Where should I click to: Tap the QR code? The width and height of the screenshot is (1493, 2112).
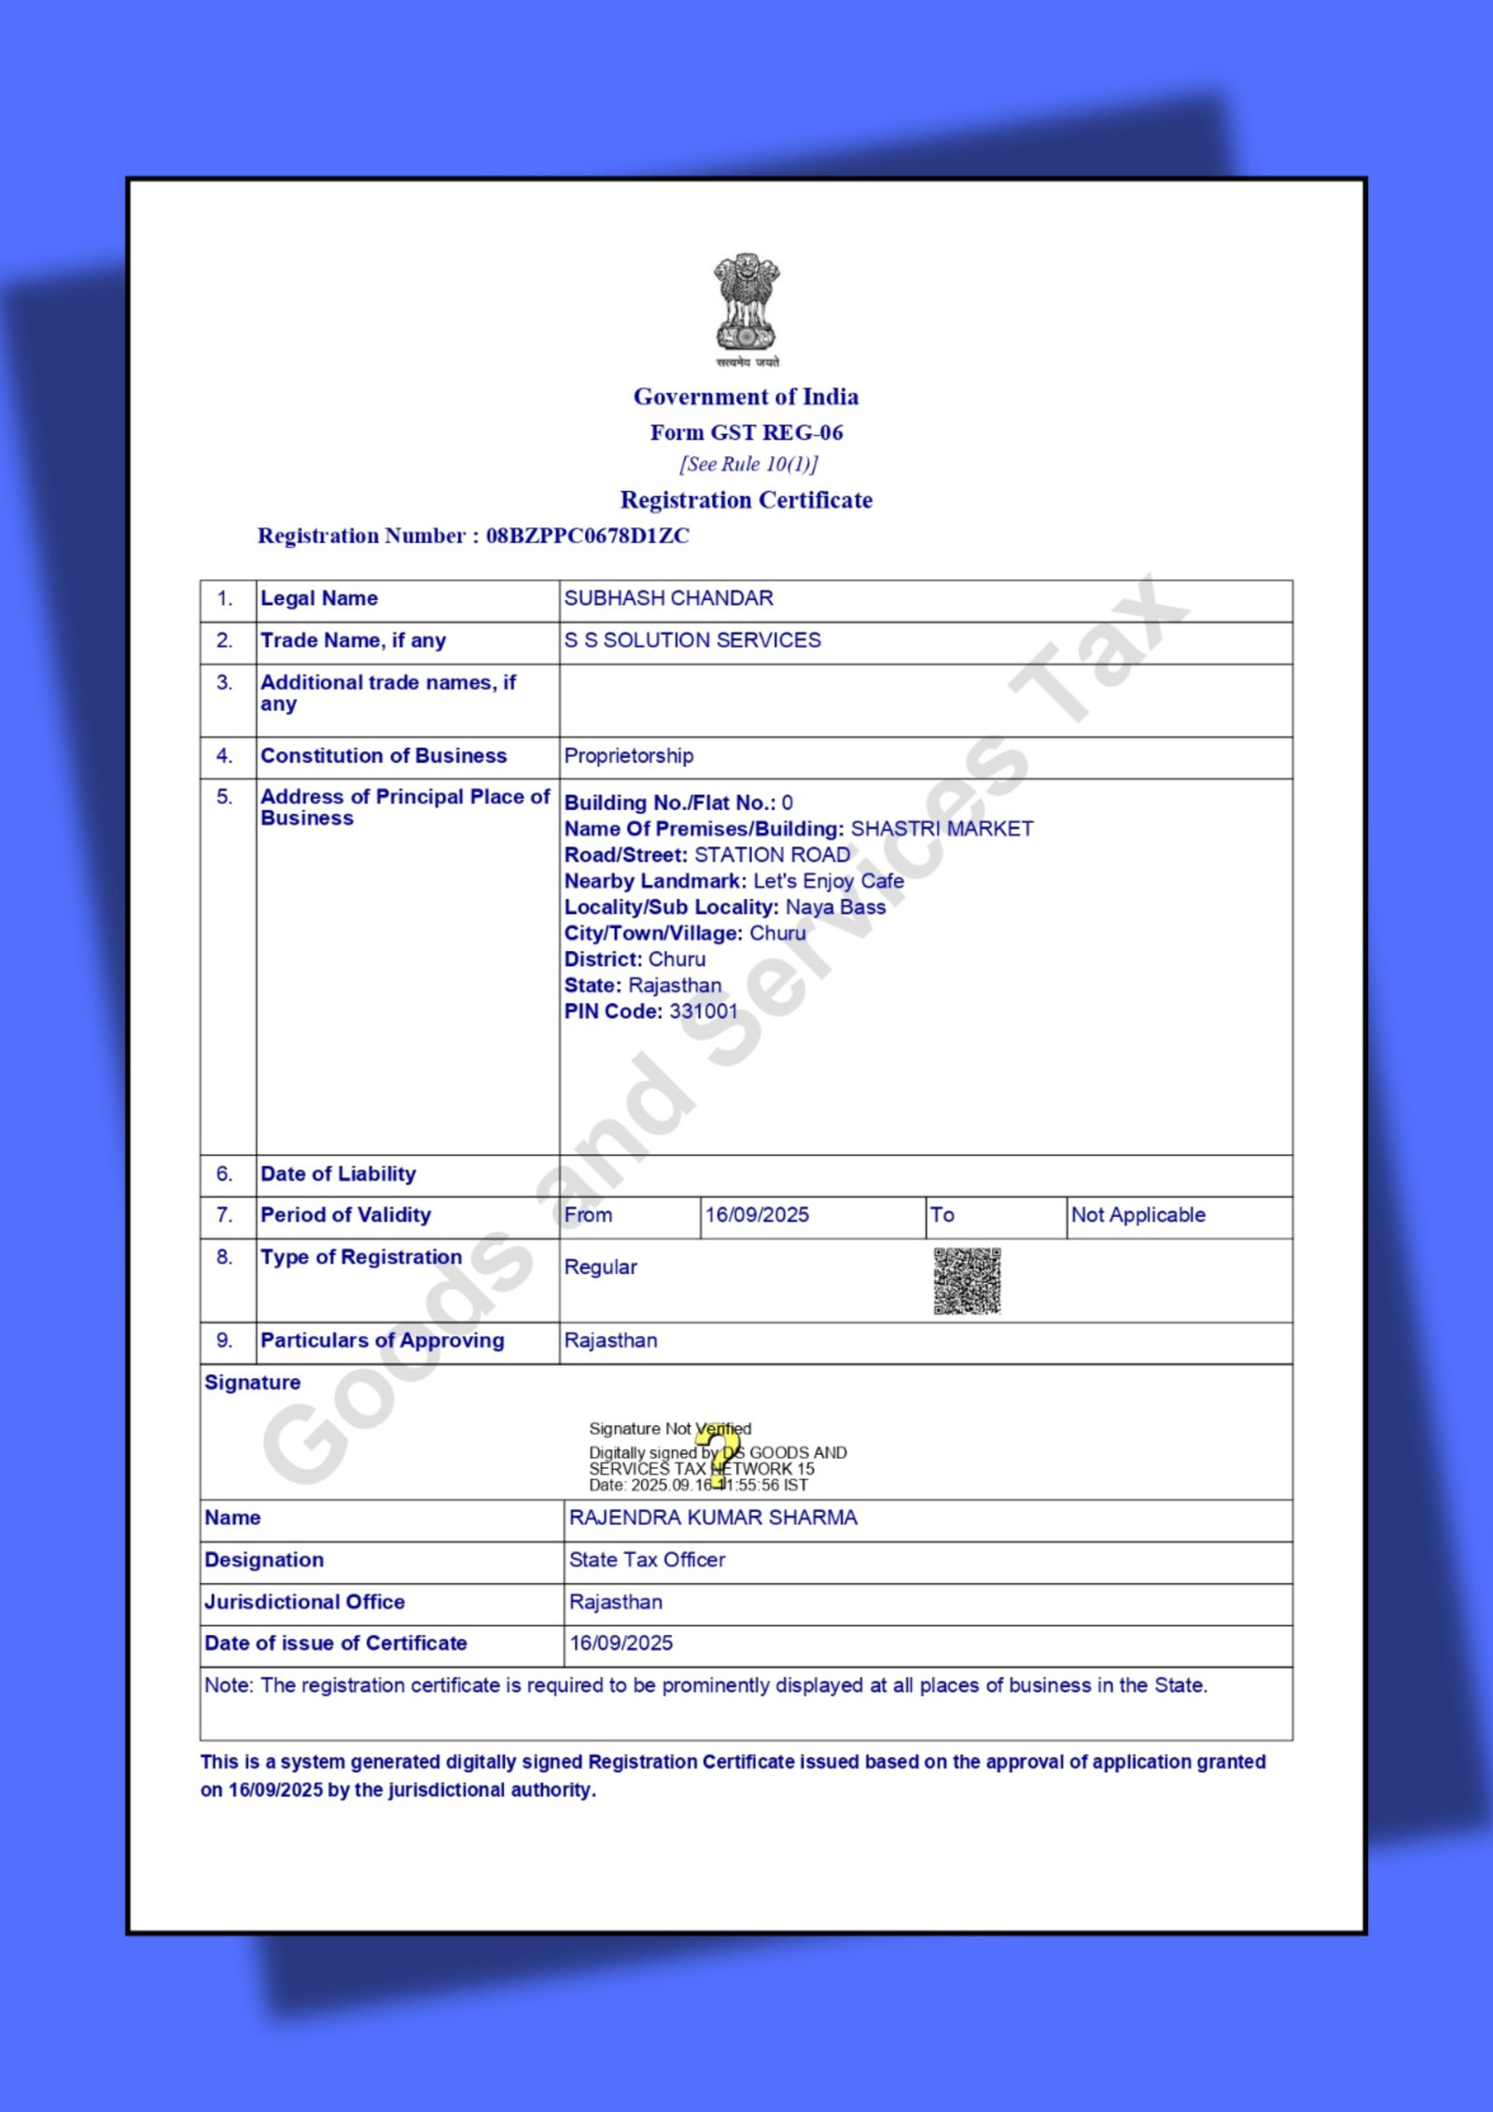(967, 1280)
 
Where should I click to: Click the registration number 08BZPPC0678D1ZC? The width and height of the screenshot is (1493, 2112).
(587, 536)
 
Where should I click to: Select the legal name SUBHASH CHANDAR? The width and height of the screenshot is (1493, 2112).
(668, 598)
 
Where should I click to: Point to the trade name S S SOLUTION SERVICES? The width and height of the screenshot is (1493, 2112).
(692, 640)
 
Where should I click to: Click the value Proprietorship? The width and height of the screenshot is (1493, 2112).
(628, 756)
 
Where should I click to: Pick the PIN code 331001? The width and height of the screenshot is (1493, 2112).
(703, 1012)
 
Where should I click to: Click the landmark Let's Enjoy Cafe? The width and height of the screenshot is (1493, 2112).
(828, 881)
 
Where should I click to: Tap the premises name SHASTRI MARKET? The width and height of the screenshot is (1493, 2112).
(942, 829)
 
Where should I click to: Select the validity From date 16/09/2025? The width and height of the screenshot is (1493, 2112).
(757, 1215)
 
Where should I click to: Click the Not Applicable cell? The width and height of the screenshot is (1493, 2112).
(1137, 1215)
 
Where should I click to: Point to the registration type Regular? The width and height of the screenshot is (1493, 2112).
(600, 1267)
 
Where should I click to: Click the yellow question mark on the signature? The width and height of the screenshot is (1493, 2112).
(718, 1454)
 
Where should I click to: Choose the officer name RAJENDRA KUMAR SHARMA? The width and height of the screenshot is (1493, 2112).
(713, 1518)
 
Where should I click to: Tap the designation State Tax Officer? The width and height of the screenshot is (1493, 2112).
(647, 1560)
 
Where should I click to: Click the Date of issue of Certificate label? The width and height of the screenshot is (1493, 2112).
(335, 1643)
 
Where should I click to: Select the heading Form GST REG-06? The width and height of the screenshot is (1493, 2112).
(746, 433)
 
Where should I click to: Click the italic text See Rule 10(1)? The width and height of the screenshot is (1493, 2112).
(747, 465)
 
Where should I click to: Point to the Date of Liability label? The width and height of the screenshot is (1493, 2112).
(338, 1174)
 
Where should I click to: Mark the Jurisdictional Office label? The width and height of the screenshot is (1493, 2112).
(304, 1602)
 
